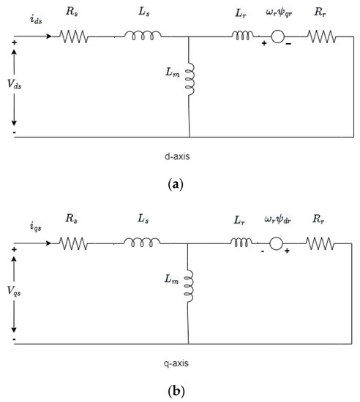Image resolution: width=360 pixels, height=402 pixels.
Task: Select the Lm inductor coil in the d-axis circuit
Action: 190,77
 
